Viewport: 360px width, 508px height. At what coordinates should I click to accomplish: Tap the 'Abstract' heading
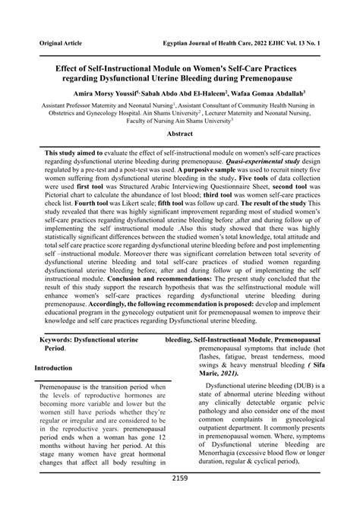coord(180,133)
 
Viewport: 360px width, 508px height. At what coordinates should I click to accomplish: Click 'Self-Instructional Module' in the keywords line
coord(232,339)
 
